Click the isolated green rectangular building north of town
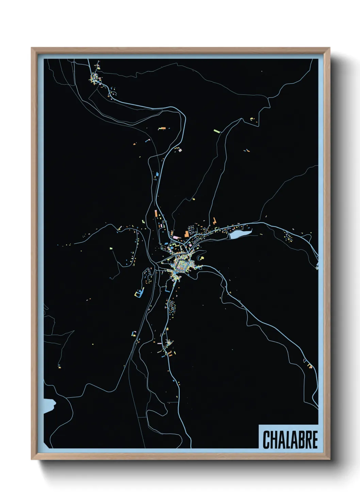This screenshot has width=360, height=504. tap(217, 130)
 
